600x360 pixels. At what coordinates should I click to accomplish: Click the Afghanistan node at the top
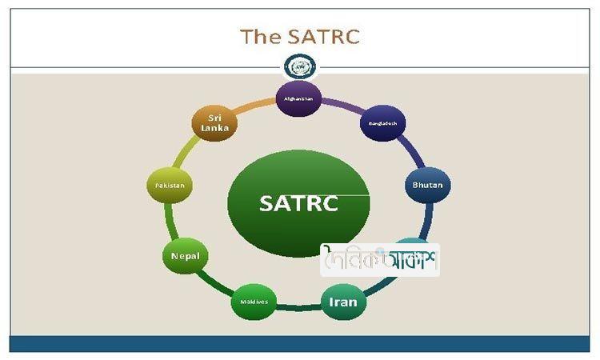[298, 98]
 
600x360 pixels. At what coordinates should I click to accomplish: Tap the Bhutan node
[427, 185]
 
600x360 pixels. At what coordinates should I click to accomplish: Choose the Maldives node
[254, 302]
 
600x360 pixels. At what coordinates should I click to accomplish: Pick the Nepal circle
[186, 257]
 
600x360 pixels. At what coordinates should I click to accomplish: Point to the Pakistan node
[170, 185]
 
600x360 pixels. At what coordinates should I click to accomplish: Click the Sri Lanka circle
[215, 123]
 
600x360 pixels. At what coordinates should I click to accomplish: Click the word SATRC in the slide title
[325, 37]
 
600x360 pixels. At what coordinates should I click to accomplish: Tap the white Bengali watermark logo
[380, 260]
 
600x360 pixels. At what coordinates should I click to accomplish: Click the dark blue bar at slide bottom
[300, 344]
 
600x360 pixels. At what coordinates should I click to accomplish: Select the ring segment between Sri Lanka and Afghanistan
[256, 104]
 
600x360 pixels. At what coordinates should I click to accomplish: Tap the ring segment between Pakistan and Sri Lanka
[186, 152]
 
